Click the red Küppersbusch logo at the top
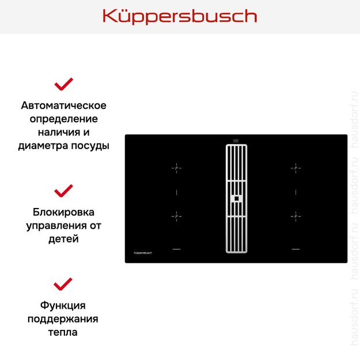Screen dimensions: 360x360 coord(180,16)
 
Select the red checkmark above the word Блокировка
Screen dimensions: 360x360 coord(63,191)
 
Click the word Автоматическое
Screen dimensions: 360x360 coord(63,105)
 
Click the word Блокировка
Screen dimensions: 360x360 coord(63,212)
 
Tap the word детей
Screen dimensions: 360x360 coord(63,238)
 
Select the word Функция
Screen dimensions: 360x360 coord(63,305)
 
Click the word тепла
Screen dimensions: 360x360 coord(63,332)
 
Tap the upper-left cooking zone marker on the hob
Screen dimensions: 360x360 coord(176,168)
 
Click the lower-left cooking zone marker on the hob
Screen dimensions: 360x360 coord(176,215)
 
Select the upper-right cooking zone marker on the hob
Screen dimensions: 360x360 coord(295,168)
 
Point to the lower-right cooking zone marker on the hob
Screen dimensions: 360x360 coord(295,215)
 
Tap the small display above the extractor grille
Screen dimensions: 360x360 coord(236,139)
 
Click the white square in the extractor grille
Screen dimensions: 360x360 coord(236,199)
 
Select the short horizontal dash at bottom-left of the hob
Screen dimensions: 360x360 coord(176,249)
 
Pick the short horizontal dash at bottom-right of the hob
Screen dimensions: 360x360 coord(295,249)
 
